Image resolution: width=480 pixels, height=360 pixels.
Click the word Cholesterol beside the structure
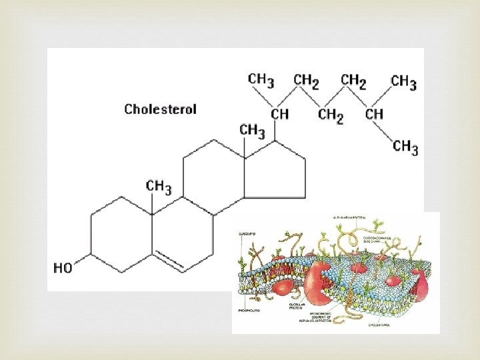161,109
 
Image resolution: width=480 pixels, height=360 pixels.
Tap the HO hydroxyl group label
63,268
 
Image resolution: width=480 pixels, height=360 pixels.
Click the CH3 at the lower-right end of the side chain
405,147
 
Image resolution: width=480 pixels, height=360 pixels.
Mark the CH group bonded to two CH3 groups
374,114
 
